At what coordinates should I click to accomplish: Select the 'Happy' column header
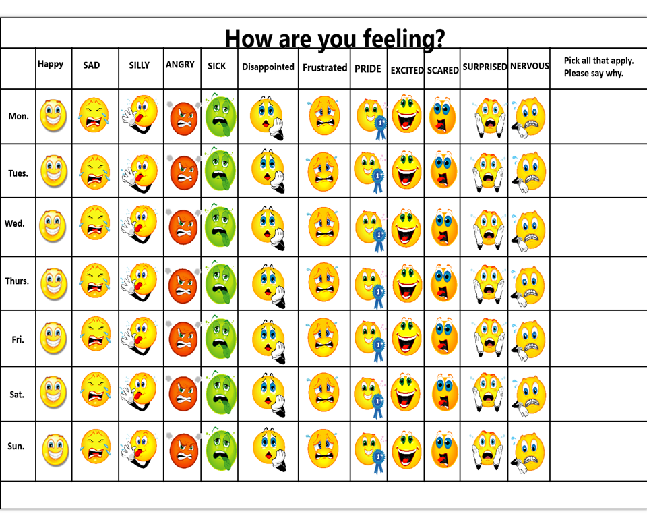pyautogui.click(x=51, y=64)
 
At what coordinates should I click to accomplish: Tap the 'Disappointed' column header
pyautogui.click(x=268, y=67)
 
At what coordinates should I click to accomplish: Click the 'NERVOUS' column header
pyautogui.click(x=529, y=66)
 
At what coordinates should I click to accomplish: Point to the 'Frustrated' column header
pyautogui.click(x=325, y=67)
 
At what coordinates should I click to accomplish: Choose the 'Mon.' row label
pyautogui.click(x=19, y=116)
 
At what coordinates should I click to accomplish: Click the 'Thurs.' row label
pyautogui.click(x=18, y=281)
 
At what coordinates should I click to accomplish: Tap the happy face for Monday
pyautogui.click(x=53, y=115)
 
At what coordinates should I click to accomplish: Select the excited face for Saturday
pyautogui.click(x=407, y=393)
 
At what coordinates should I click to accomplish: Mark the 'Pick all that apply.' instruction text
pyautogui.click(x=598, y=61)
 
